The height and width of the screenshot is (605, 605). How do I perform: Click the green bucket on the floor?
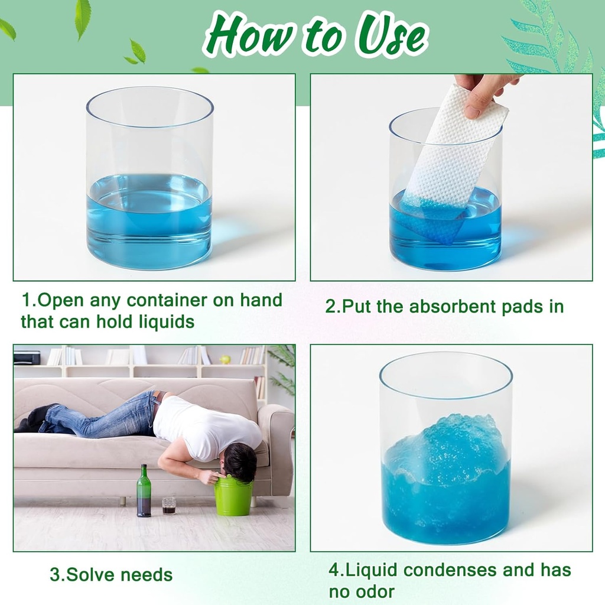pos(233,496)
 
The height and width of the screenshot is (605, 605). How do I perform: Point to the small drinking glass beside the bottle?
pos(169,505)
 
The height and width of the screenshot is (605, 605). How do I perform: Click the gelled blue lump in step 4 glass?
pos(446,449)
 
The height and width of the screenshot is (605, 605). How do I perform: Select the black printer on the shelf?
pos(27,357)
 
